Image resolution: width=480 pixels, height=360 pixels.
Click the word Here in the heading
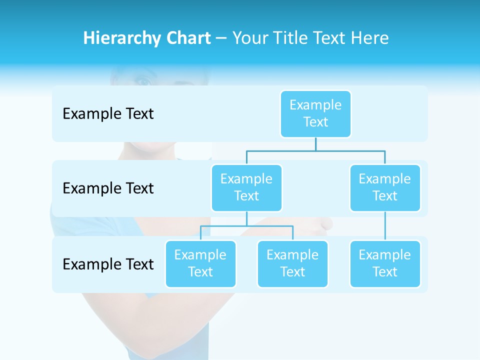click(369, 38)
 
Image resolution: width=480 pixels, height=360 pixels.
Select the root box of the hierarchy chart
click(315, 113)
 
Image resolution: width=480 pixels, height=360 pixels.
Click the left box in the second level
click(246, 187)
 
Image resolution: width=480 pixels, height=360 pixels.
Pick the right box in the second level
click(385, 187)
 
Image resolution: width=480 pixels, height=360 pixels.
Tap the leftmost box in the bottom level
click(200, 263)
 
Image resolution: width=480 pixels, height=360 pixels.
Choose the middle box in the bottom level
click(292, 263)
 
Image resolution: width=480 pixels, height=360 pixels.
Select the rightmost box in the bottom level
click(385, 263)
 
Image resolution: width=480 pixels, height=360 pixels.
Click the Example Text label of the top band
click(108, 114)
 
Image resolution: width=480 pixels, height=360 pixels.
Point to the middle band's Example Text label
click(108, 188)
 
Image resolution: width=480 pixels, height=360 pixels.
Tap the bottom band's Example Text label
click(108, 264)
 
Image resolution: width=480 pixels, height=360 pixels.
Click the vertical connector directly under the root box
click(315, 144)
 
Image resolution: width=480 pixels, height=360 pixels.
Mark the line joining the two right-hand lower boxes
click(385, 225)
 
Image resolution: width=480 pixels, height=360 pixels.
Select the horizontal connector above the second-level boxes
click(315, 150)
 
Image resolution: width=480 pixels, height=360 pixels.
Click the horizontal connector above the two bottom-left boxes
click(246, 226)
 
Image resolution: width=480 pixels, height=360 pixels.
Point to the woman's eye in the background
click(143, 81)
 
